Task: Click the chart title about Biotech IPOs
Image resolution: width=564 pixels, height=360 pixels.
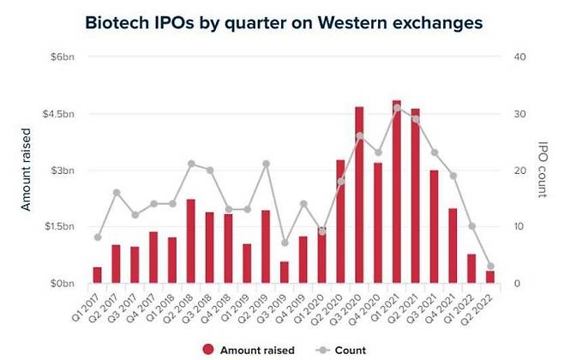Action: [x=281, y=22]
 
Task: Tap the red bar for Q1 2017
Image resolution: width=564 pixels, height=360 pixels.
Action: [x=97, y=274]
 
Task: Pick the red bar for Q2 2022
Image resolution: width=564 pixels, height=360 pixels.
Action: [x=489, y=276]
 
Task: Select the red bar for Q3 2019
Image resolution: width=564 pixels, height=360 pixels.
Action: [x=284, y=272]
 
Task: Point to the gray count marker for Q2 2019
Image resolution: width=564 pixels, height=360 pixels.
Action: [x=266, y=164]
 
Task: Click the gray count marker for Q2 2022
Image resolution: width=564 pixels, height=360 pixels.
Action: [x=489, y=267]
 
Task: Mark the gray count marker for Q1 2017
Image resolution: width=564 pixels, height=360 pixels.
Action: [x=97, y=237]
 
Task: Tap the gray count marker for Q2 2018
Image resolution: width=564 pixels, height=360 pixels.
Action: [x=190, y=164]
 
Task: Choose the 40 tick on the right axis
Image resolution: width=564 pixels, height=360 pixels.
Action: [x=519, y=57]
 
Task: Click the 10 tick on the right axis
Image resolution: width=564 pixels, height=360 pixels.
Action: [x=518, y=226]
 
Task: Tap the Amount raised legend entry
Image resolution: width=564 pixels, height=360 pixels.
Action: [x=249, y=350]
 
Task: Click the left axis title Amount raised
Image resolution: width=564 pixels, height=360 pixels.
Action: [x=26, y=171]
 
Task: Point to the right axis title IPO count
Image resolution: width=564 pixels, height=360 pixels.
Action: [x=543, y=170]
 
